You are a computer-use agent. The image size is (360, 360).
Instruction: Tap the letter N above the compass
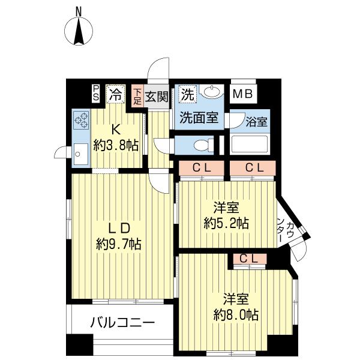click(79, 10)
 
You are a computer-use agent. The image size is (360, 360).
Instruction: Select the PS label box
click(96, 93)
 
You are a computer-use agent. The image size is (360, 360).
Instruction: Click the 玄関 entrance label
click(156, 96)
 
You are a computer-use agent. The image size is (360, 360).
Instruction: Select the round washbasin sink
click(212, 93)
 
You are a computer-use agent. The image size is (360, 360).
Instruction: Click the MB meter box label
click(242, 94)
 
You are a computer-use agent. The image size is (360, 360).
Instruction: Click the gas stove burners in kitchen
click(80, 120)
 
